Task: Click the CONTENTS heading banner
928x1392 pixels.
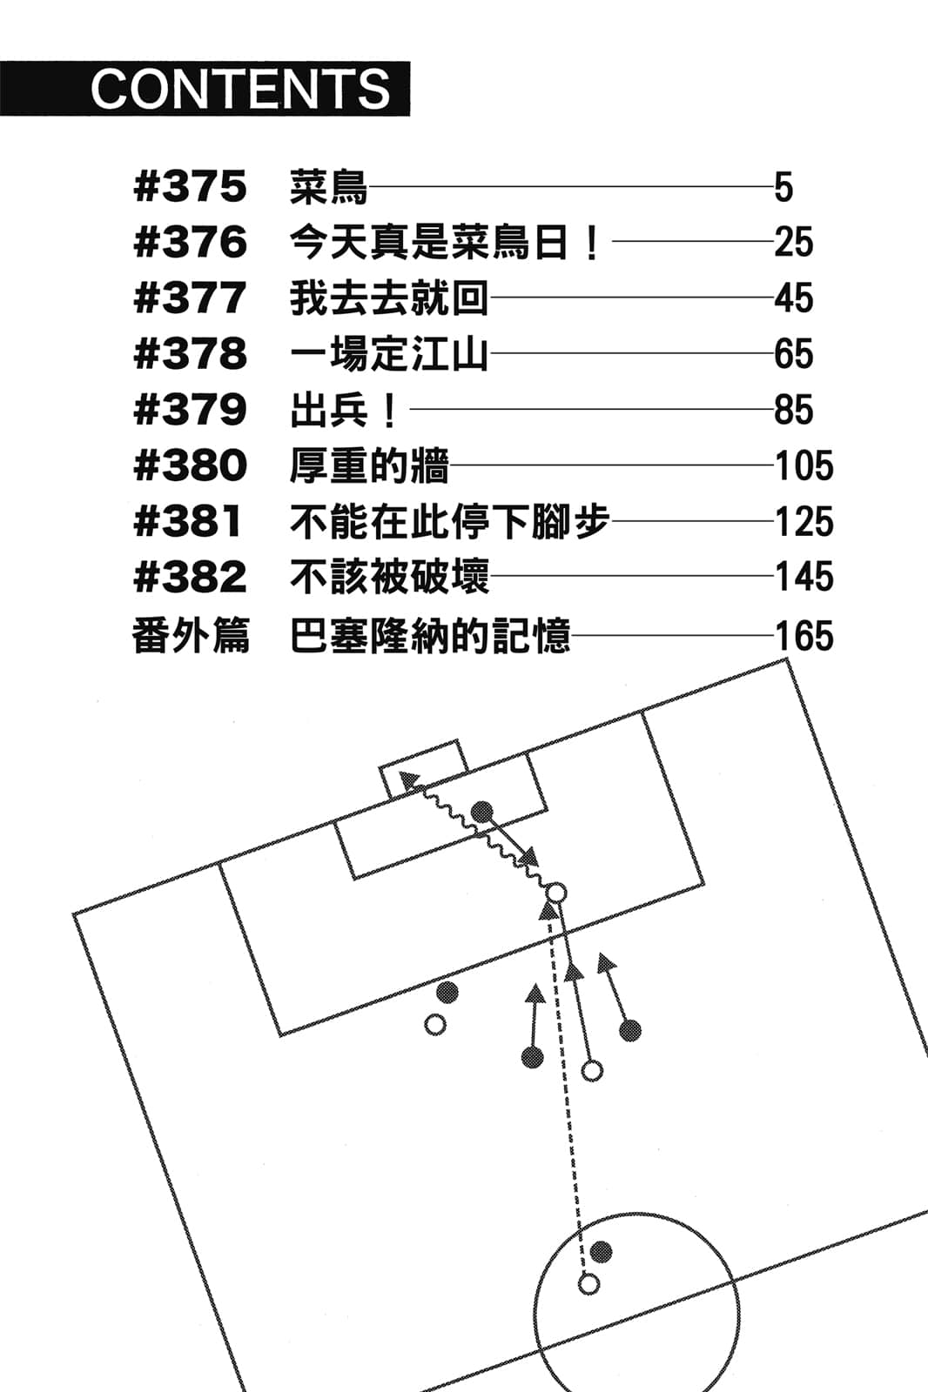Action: click(205, 89)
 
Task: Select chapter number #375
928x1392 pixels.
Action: click(191, 187)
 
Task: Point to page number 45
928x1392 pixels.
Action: click(793, 298)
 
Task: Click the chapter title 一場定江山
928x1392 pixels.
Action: click(388, 354)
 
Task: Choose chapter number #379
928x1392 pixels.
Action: click(191, 410)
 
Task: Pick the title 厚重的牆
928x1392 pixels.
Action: click(369, 466)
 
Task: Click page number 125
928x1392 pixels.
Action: click(804, 522)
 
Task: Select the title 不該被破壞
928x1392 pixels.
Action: click(389, 578)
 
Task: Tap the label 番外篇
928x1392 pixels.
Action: click(191, 636)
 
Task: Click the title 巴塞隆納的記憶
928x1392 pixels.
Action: click(430, 636)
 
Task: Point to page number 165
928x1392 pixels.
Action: click(804, 636)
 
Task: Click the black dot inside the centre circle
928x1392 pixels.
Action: click(601, 1252)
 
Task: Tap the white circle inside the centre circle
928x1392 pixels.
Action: click(589, 1283)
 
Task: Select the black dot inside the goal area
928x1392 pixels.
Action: click(481, 813)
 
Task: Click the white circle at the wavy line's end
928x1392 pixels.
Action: click(555, 893)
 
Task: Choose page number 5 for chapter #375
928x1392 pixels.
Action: click(783, 188)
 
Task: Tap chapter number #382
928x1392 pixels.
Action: click(191, 578)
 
